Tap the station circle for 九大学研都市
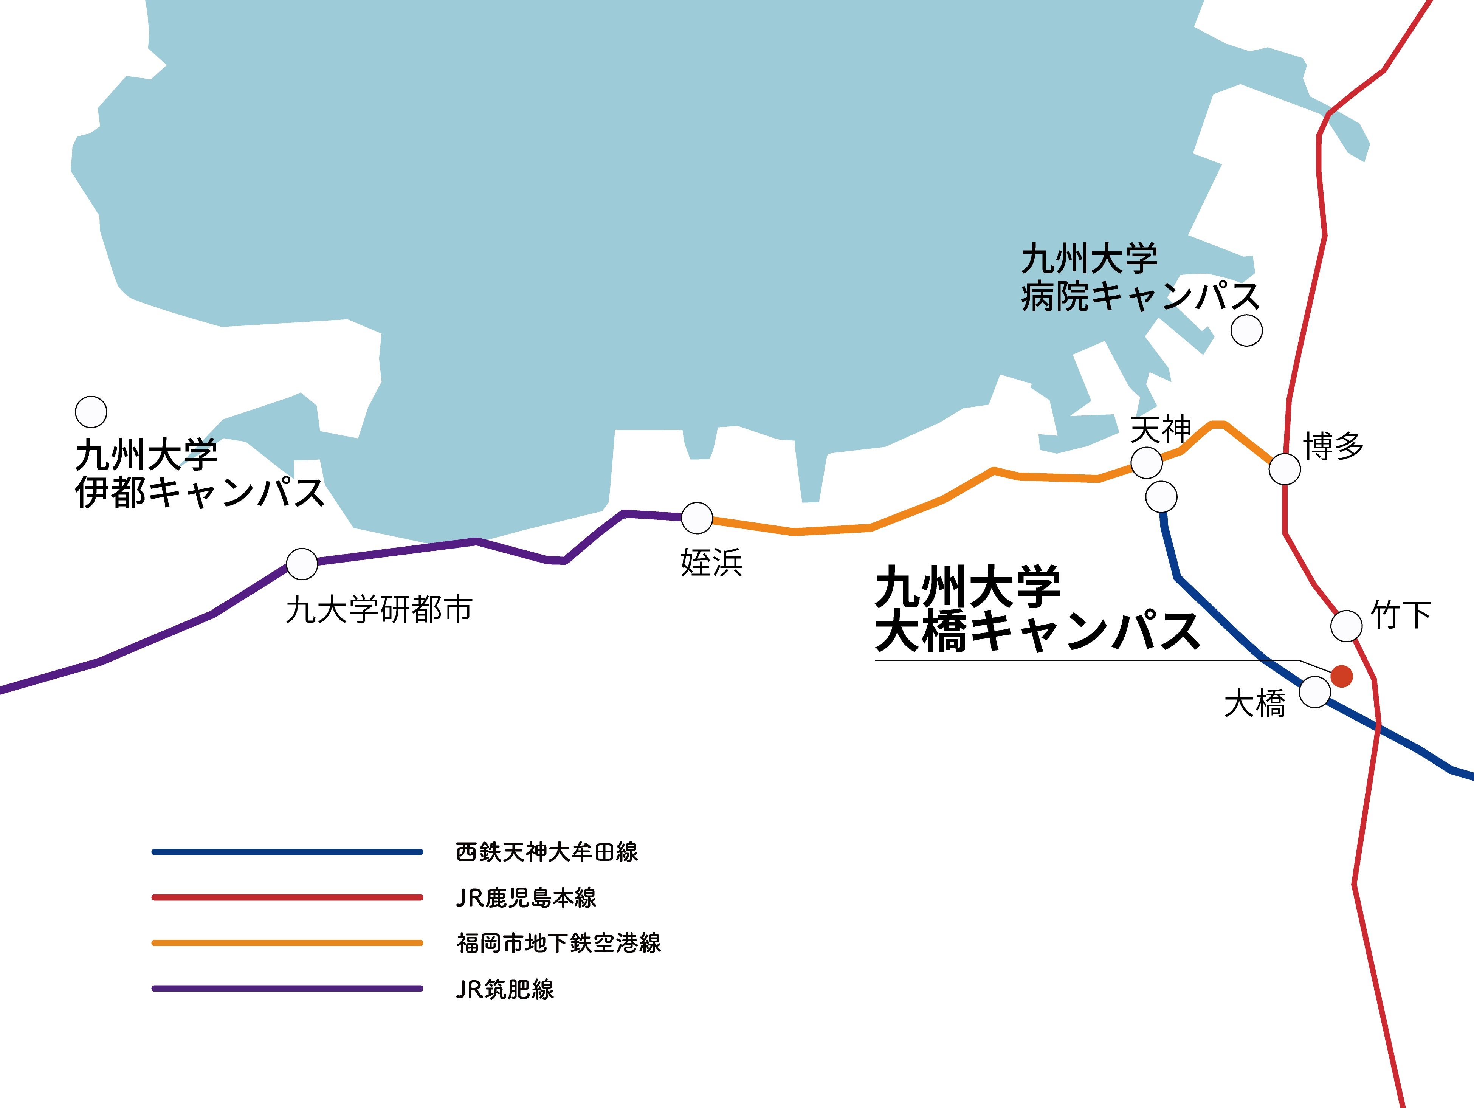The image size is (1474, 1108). (302, 564)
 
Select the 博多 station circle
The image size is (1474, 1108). (1285, 469)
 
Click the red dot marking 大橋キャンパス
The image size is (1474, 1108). (1341, 676)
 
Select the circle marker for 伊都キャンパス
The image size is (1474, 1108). (91, 412)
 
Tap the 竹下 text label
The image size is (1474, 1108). (1401, 614)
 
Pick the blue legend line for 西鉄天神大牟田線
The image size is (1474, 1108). (287, 851)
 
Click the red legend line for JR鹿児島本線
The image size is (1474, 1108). (287, 897)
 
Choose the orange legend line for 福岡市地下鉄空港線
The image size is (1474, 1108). (287, 943)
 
